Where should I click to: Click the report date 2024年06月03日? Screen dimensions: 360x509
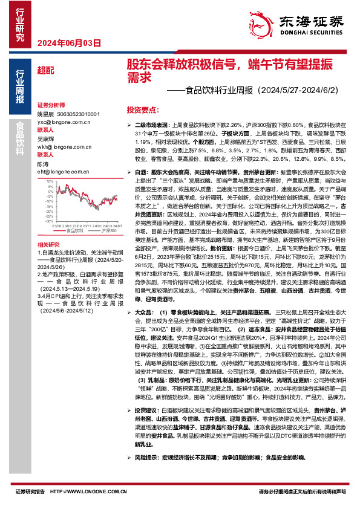tap(68, 43)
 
